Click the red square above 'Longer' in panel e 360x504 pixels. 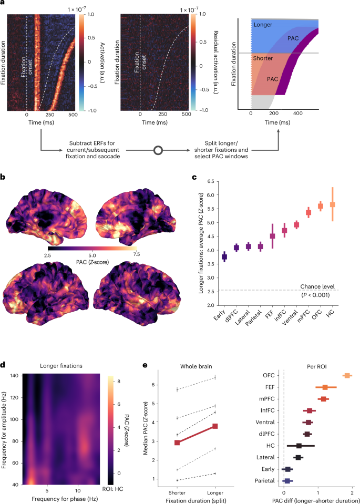tap(215, 426)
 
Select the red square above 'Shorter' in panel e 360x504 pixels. tap(177, 443)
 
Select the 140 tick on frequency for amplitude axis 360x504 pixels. tap(15, 375)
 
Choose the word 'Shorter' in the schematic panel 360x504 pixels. tap(263, 58)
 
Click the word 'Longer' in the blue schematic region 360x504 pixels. tap(263, 24)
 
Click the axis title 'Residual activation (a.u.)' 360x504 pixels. tap(213, 61)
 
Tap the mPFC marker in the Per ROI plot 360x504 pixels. tap(323, 399)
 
